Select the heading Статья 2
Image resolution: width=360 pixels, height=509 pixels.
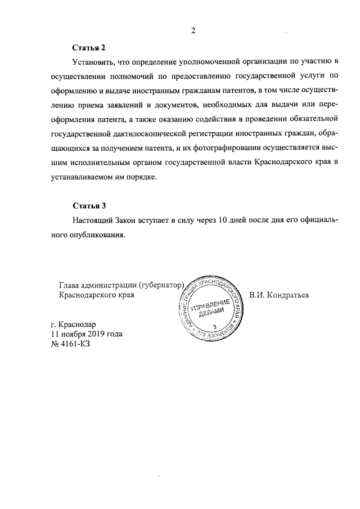pos(89,47)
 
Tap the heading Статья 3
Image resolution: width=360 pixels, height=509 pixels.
pos(89,205)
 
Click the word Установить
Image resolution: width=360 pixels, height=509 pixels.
pos(93,61)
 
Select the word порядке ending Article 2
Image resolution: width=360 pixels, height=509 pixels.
pos(144,177)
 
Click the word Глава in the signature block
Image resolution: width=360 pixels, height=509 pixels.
pos(70,285)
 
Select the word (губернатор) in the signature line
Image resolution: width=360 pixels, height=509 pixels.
pos(161,285)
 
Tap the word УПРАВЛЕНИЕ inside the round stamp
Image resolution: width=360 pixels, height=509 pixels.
pos(210,308)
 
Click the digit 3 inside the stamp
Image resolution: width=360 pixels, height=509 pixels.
pos(215,326)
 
